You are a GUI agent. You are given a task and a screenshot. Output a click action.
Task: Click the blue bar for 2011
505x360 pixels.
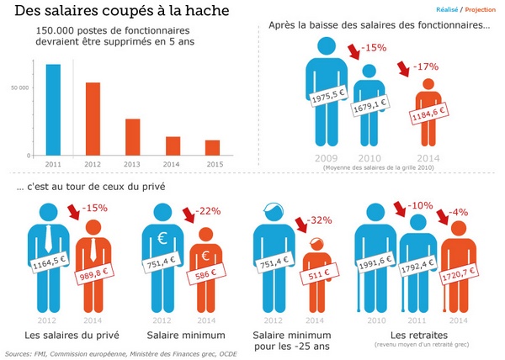pyautogui.click(x=53, y=110)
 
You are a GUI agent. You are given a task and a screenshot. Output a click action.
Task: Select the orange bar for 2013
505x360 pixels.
pyautogui.click(x=133, y=137)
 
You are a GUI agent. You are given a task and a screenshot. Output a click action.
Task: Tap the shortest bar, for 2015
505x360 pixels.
pyautogui.click(x=213, y=148)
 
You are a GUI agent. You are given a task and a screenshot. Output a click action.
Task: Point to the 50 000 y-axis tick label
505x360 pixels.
pyautogui.click(x=19, y=87)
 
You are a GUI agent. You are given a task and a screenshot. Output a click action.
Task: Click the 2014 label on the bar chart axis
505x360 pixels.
pyautogui.click(x=171, y=164)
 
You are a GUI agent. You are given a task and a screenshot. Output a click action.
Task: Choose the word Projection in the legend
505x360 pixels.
pyautogui.click(x=481, y=9)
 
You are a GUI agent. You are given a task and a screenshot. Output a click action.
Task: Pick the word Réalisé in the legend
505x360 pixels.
pyautogui.click(x=447, y=9)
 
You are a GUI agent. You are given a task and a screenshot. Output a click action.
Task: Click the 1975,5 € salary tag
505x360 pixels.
pyautogui.click(x=328, y=95)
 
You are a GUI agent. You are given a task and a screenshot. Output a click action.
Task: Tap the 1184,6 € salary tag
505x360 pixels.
pyautogui.click(x=429, y=113)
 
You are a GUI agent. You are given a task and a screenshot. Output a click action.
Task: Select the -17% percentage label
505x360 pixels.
pyautogui.click(x=426, y=67)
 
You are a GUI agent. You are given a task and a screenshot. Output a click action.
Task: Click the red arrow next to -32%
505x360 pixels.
pyautogui.click(x=301, y=225)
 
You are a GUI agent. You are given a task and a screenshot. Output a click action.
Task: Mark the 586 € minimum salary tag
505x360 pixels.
pyautogui.click(x=206, y=273)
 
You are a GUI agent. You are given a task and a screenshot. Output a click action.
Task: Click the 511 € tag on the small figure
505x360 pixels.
pyautogui.click(x=319, y=273)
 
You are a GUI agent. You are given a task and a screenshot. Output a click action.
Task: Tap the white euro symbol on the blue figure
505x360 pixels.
pyautogui.click(x=162, y=238)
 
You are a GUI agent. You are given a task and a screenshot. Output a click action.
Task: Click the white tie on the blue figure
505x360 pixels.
pyautogui.click(x=48, y=238)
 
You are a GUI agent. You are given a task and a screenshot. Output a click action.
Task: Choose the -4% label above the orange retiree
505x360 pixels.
pyautogui.click(x=459, y=212)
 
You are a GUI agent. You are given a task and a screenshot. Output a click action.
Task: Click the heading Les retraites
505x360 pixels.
pyautogui.click(x=418, y=336)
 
